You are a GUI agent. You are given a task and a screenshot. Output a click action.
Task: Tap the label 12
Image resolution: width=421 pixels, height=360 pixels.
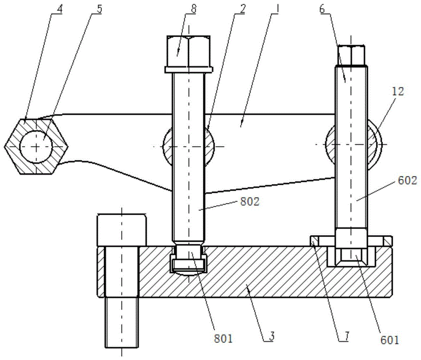[x=398, y=91]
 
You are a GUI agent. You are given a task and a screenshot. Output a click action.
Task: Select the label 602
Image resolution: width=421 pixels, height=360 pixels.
[x=407, y=181]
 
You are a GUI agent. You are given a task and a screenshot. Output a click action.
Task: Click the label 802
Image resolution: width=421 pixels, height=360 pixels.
[x=249, y=202]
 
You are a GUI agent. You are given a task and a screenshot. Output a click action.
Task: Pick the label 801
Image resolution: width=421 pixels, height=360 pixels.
[x=223, y=339]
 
